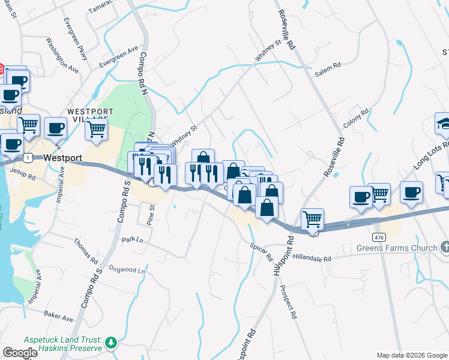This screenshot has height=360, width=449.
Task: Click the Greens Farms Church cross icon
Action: tap(444, 247)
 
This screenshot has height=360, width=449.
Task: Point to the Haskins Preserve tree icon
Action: tap(110, 343)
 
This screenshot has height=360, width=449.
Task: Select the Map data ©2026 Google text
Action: tap(412, 355)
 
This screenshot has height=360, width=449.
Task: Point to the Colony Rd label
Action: tap(355, 118)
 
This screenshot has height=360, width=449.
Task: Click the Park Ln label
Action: tap(133, 239)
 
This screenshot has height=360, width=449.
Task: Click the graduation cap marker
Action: tap(443, 123)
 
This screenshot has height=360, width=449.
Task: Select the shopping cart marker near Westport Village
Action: tap(96, 128)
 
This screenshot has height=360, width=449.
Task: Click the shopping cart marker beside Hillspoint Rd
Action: tap(312, 220)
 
